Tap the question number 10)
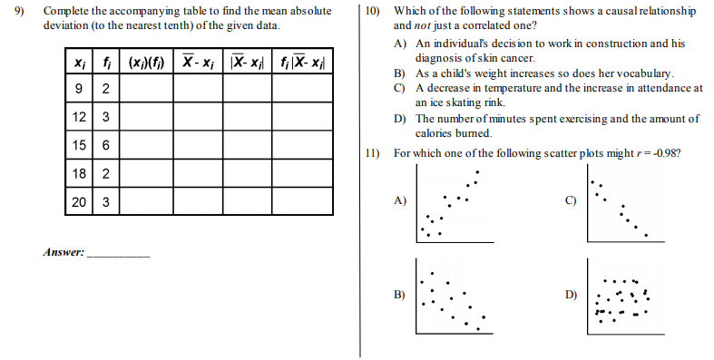pyautogui.click(x=372, y=12)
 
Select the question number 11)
pyautogui.click(x=372, y=153)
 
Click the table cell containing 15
pyautogui.click(x=79, y=144)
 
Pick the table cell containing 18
pyautogui.click(x=79, y=173)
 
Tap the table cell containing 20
pyautogui.click(x=79, y=201)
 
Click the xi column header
pyautogui.click(x=79, y=63)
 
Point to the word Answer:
pyautogui.click(x=63, y=253)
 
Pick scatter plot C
pyautogui.click(x=621, y=207)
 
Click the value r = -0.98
pyautogui.click(x=652, y=153)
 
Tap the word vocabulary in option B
pyautogui.click(x=643, y=72)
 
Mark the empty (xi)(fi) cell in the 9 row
pyautogui.click(x=144, y=88)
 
